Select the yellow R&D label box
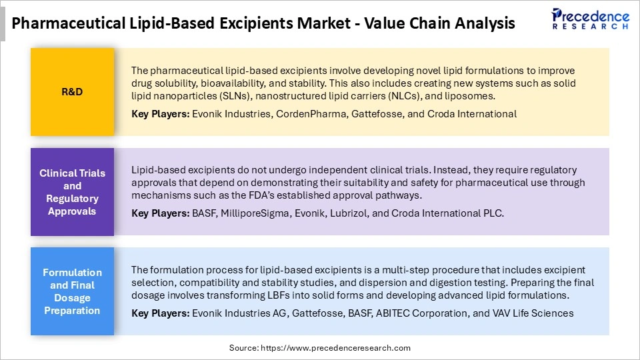click(x=72, y=91)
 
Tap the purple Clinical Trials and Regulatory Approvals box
click(x=72, y=192)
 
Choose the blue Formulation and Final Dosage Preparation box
click(x=72, y=291)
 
